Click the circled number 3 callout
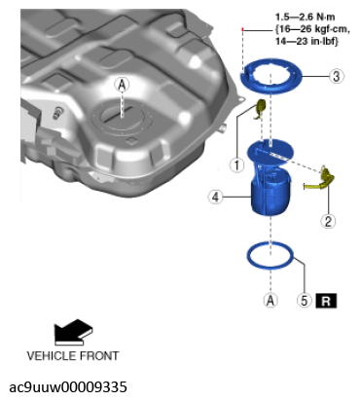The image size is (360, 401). click(x=337, y=76)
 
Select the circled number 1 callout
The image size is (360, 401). click(x=236, y=164)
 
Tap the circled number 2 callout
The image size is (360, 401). click(x=328, y=222)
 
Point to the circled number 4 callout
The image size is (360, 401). click(x=215, y=197)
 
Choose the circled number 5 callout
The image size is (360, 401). click(x=304, y=300)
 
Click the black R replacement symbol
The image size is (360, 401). click(x=326, y=301)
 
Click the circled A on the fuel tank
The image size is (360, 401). click(x=122, y=85)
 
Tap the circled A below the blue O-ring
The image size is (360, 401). click(x=270, y=300)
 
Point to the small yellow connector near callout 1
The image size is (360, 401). click(x=261, y=108)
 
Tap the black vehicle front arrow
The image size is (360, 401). click(x=73, y=332)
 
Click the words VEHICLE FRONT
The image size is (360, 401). click(x=73, y=356)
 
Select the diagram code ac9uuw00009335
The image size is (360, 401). click(x=68, y=386)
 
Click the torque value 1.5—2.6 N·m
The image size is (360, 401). click(x=306, y=17)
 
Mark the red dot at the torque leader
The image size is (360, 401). click(x=242, y=29)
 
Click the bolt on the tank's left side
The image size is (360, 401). click(x=59, y=112)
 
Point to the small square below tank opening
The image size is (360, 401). click(x=131, y=140)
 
